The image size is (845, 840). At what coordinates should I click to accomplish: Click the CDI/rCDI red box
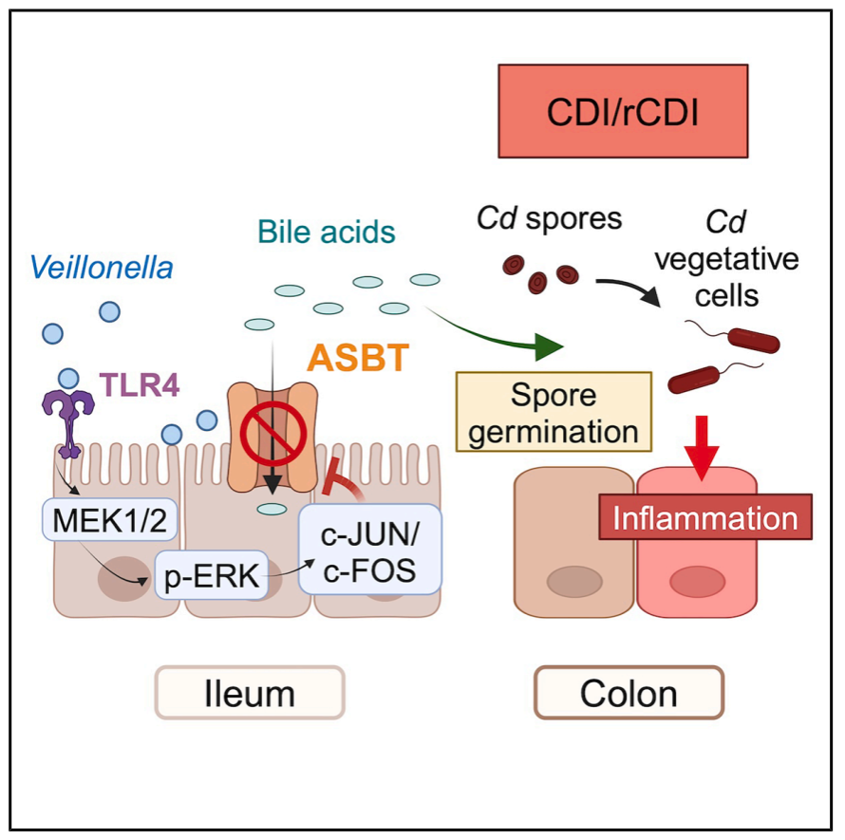point(623,111)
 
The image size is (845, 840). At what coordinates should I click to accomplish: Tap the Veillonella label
point(102,268)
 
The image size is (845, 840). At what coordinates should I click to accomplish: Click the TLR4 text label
point(140,384)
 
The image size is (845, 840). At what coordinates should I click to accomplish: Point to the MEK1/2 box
point(110,520)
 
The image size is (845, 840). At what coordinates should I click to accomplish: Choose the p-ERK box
point(211,575)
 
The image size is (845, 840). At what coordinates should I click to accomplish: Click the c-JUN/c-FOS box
point(370,550)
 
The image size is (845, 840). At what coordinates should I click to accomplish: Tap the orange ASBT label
point(358,357)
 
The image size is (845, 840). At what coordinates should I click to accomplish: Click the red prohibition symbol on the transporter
point(273,433)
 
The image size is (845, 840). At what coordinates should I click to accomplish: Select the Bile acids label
point(327,232)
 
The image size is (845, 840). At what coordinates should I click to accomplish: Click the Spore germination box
point(554,412)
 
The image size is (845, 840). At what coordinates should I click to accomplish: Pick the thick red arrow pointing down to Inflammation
point(701,447)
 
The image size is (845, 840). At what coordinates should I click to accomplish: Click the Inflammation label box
point(705,516)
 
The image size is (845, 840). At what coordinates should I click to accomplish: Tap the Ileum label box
point(250,693)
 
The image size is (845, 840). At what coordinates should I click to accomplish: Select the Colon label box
point(629,693)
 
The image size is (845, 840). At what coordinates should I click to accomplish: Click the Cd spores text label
point(549,218)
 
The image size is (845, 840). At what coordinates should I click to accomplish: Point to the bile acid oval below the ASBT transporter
point(272,509)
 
